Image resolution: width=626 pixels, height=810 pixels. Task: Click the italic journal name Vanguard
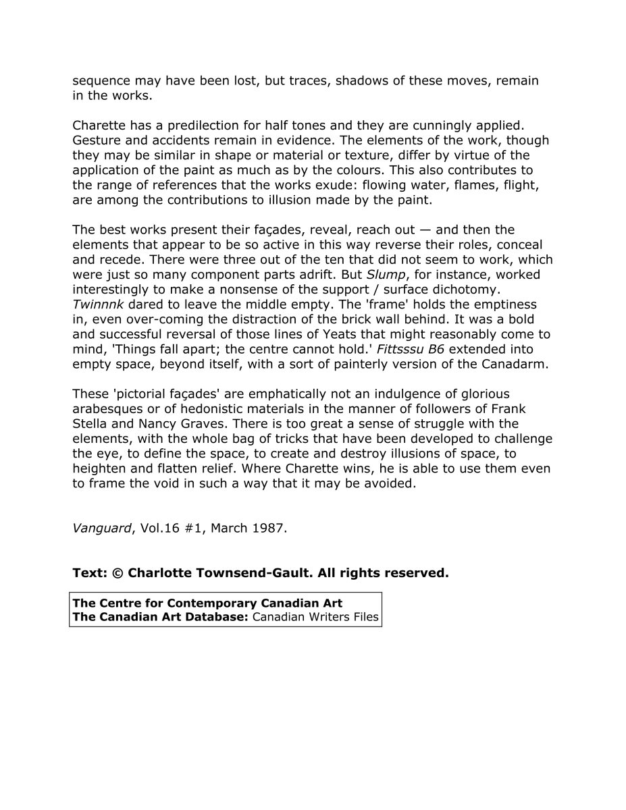101,528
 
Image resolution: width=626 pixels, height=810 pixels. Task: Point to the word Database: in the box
213,616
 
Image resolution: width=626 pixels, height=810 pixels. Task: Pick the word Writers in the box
325,616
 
